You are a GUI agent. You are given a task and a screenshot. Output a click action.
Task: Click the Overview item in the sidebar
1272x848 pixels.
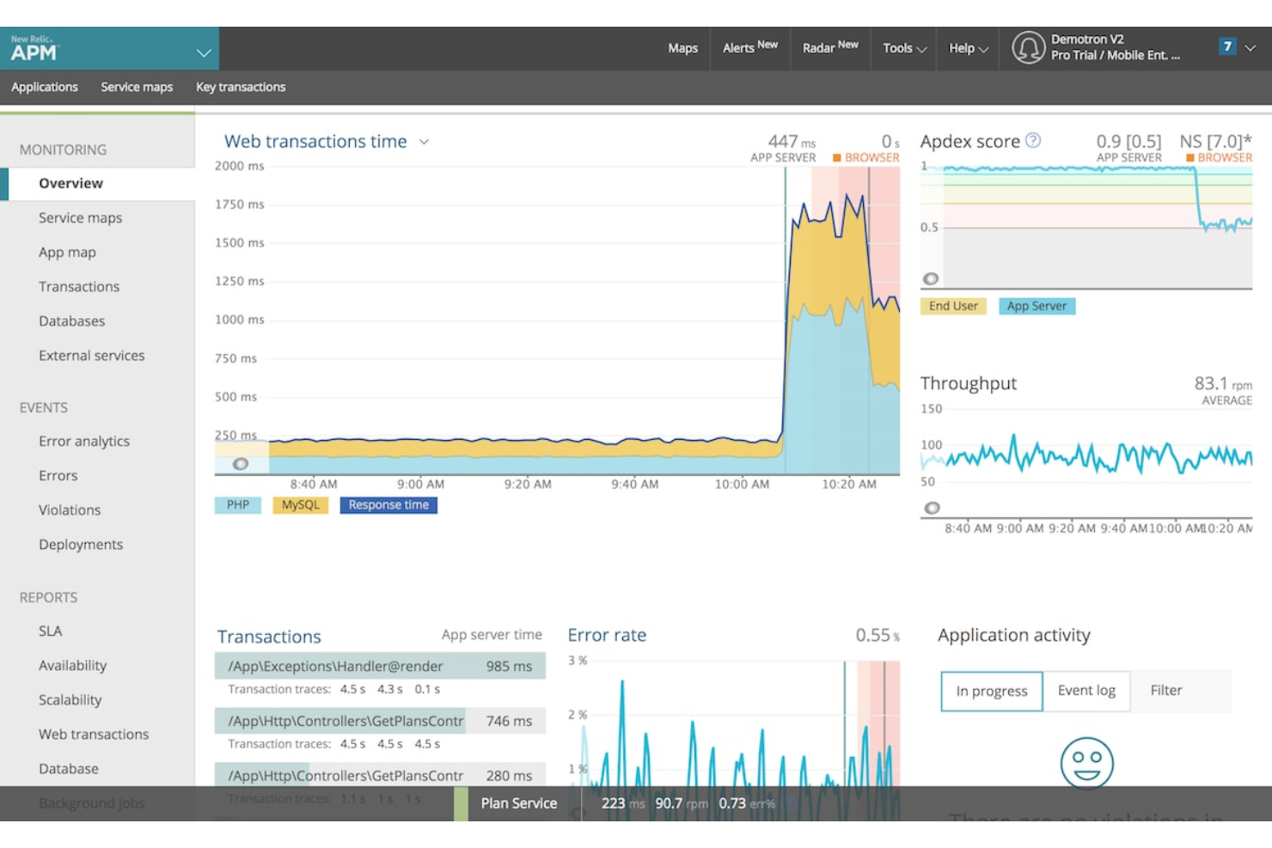click(x=70, y=183)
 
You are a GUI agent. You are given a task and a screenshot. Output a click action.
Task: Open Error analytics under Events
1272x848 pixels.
click(x=84, y=441)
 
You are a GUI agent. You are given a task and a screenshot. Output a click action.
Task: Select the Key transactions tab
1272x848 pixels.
click(x=241, y=87)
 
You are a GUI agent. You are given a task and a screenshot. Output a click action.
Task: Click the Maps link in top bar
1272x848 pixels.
click(x=682, y=48)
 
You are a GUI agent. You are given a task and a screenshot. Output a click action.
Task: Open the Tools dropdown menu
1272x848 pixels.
click(x=904, y=48)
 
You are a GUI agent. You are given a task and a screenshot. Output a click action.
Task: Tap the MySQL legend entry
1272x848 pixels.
click(x=300, y=505)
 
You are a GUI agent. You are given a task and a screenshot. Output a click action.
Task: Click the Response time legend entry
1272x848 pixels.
click(x=388, y=505)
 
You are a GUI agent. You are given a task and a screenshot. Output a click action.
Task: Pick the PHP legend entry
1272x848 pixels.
click(x=238, y=505)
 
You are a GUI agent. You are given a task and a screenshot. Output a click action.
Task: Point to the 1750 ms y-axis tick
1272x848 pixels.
click(x=240, y=204)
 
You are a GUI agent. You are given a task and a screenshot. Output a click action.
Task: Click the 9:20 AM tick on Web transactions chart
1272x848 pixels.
click(x=528, y=484)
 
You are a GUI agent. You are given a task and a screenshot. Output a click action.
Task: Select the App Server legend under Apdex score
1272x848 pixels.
click(x=1037, y=306)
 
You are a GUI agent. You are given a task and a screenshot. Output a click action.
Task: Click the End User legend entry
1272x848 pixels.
click(x=953, y=306)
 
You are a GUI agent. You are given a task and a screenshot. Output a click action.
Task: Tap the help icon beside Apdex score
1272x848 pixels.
click(x=1033, y=140)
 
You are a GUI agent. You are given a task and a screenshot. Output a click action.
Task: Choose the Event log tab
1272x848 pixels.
click(x=1086, y=690)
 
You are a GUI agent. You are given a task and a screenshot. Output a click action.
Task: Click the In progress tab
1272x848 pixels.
click(x=992, y=691)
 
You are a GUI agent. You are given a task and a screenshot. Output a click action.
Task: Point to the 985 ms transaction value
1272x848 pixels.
click(x=509, y=666)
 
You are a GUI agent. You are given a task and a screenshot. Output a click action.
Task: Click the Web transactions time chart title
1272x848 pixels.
click(x=315, y=141)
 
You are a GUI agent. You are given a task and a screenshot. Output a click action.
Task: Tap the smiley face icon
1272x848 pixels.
click(x=1086, y=762)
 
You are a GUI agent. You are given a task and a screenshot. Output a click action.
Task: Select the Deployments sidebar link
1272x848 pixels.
click(x=81, y=544)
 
